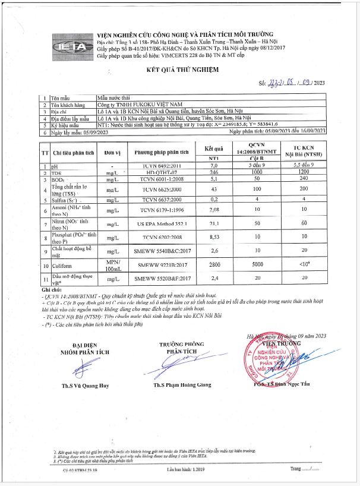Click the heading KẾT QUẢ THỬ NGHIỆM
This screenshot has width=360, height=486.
(x=183, y=70)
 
